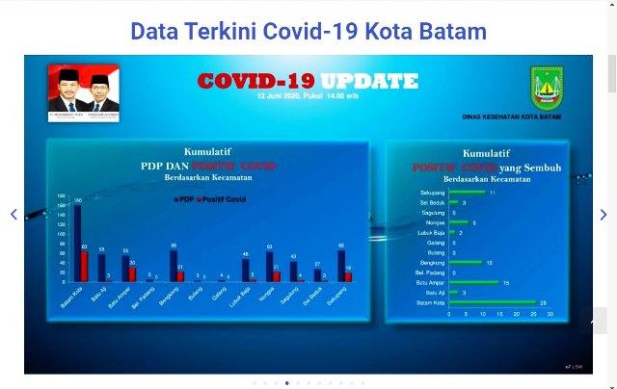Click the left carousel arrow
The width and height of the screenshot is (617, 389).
[13, 214]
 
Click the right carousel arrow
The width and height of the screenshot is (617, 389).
[604, 214]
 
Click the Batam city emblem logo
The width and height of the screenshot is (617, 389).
[547, 89]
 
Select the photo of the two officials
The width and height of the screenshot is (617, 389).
[83, 88]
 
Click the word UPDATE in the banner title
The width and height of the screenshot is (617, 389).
[370, 81]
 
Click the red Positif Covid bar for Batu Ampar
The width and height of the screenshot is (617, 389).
[133, 272]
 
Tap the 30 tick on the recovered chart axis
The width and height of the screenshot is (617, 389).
[550, 314]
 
